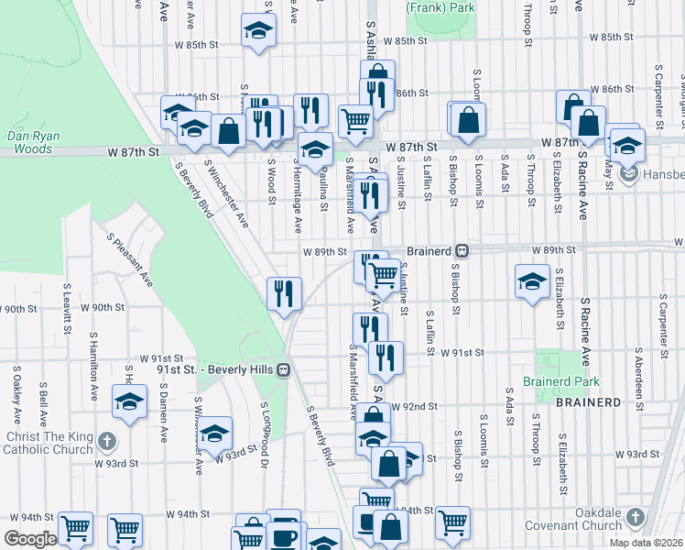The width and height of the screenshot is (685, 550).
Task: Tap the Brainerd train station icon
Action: click(462, 250)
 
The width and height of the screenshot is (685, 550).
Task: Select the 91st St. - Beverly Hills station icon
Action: click(285, 369)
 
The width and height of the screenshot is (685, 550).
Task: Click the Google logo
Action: click(29, 538)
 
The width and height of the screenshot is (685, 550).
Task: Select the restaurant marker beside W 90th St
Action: click(285, 293)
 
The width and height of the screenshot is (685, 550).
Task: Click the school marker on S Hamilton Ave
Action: click(129, 401)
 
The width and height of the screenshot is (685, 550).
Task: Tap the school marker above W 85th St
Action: click(259, 30)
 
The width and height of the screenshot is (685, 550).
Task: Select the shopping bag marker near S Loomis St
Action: click(468, 118)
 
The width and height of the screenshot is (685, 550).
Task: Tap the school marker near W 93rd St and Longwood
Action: click(215, 433)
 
